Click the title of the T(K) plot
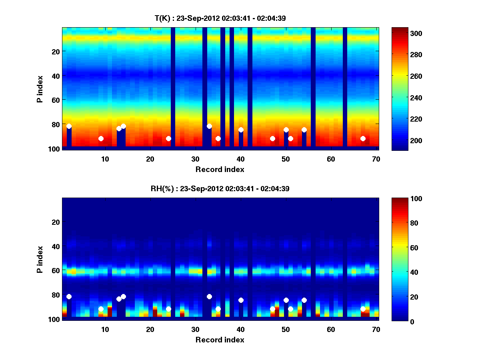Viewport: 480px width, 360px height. click(220, 18)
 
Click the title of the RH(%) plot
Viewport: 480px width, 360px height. click(220, 188)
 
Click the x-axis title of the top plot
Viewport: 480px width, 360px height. click(220, 169)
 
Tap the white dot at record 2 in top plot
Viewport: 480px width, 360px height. click(69, 126)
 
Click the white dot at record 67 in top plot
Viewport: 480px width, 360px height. click(363, 138)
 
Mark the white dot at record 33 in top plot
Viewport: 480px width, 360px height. click(209, 126)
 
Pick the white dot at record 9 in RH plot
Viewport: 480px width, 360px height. click(101, 309)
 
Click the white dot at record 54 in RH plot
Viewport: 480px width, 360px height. click(304, 300)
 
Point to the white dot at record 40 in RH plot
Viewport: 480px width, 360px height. click(241, 300)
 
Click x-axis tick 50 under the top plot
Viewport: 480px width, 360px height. click(286, 159)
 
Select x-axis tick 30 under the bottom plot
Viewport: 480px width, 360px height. click(195, 329)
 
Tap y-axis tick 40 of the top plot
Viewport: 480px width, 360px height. click(55, 76)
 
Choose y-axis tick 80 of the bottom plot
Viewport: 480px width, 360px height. click(55, 295)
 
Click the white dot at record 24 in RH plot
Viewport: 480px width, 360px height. click(168, 309)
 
